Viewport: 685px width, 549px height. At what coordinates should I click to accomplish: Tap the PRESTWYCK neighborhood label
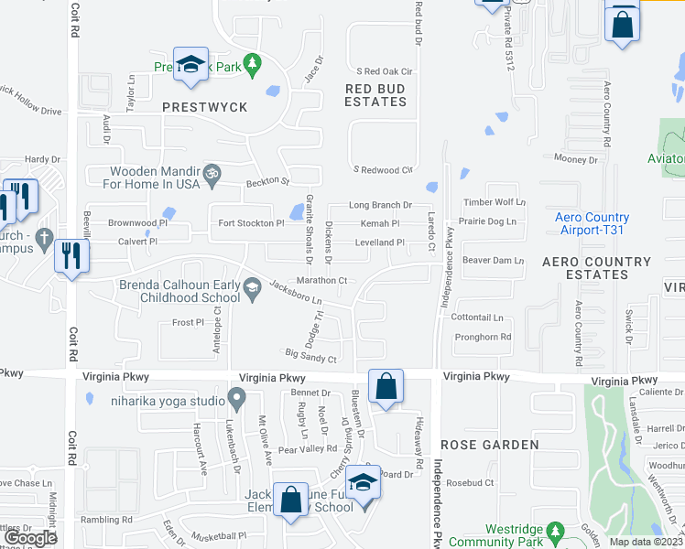coord(205,107)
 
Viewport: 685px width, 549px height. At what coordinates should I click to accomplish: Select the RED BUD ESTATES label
coord(375,95)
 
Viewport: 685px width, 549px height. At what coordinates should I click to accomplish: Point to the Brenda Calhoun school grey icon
coord(250,290)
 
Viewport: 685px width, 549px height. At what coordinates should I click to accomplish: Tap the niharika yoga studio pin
coord(237,400)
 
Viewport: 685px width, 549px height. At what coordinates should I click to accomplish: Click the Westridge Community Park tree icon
coord(554,531)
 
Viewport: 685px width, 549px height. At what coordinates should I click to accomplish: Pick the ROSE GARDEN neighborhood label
coord(490,445)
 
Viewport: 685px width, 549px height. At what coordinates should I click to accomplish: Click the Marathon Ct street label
coord(321,281)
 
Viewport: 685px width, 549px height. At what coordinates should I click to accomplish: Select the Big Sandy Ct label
coord(311,356)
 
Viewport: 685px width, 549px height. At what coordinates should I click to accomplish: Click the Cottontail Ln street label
coord(477,318)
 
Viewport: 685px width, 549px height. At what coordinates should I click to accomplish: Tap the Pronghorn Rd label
coord(483,337)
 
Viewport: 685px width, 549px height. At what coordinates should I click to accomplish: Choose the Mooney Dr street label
coord(576,159)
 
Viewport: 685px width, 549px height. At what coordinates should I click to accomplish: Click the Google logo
coord(30,539)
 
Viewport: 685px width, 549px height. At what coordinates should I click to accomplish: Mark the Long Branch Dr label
coord(379,205)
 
